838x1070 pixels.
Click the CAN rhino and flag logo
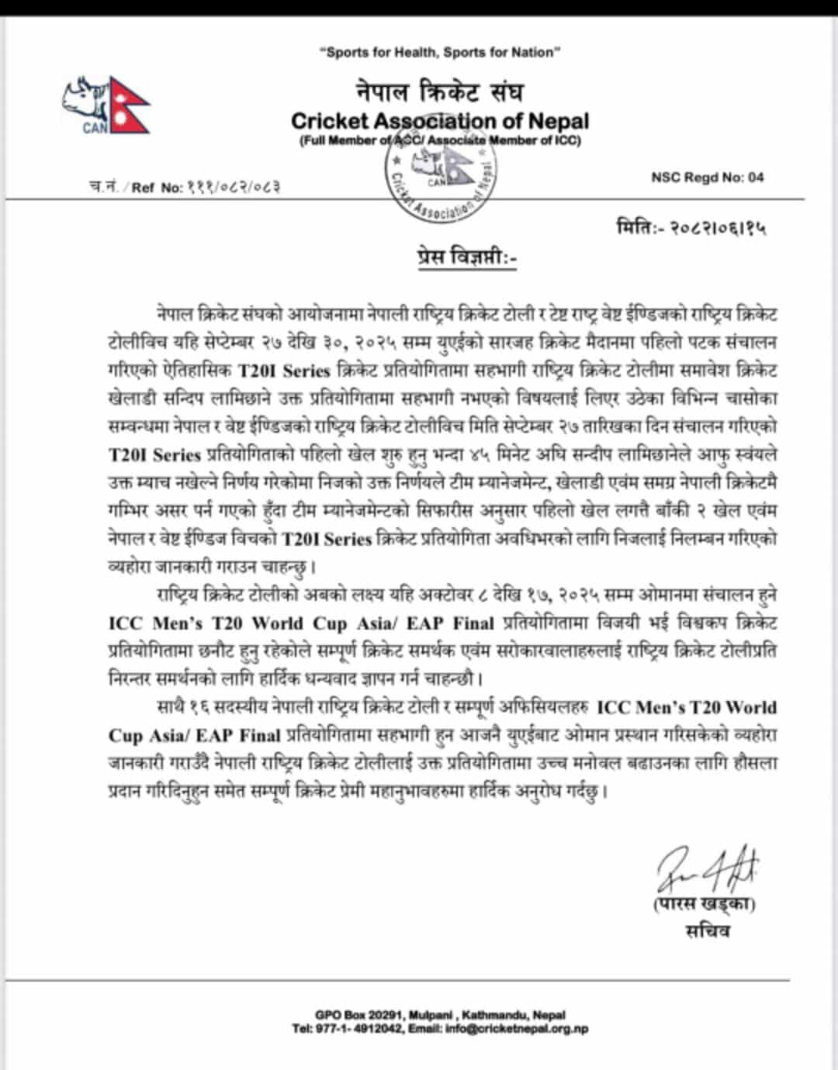pos(106,105)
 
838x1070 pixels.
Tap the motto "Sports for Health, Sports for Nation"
pos(440,52)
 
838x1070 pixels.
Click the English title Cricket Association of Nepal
pos(440,121)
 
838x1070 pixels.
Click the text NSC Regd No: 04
pos(708,177)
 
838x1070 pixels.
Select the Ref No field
pos(180,187)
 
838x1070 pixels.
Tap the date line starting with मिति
pos(691,228)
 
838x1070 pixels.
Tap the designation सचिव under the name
pos(707,930)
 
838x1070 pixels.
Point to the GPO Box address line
pos(440,1014)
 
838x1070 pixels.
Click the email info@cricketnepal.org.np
pos(517,1029)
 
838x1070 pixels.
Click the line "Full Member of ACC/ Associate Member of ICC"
pos(440,140)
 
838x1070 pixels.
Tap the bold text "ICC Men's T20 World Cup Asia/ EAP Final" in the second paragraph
pos(301,623)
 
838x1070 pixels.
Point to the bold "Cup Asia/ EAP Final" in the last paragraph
pos(194,735)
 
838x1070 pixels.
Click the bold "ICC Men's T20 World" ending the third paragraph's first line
pos(687,707)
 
